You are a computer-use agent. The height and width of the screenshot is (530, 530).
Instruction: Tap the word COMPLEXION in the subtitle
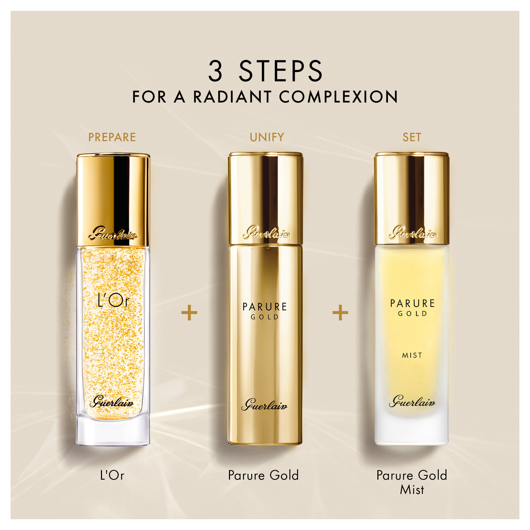[338, 97]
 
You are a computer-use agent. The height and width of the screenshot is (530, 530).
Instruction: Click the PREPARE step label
[112, 137]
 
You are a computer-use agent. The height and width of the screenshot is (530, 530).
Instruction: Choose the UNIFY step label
[267, 137]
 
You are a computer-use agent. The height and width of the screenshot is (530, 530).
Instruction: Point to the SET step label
[412, 137]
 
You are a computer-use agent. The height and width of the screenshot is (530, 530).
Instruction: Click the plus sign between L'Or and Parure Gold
[189, 312]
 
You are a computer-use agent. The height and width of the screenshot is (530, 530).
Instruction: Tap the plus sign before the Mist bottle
[340, 312]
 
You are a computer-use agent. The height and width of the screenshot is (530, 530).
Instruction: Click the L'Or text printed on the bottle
[113, 301]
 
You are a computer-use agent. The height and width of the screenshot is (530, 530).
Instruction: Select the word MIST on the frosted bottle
[412, 355]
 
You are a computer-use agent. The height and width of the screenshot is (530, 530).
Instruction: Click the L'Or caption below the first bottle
[112, 476]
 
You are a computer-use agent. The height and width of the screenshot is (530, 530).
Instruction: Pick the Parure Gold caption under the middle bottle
[263, 476]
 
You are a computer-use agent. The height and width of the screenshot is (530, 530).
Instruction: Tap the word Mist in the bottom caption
[412, 490]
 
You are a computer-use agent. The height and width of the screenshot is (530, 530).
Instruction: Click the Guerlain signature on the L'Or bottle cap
[113, 234]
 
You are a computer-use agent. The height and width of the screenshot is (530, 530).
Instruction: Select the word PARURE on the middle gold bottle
[264, 307]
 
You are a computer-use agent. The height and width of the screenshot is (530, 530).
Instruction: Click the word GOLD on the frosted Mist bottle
[412, 314]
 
